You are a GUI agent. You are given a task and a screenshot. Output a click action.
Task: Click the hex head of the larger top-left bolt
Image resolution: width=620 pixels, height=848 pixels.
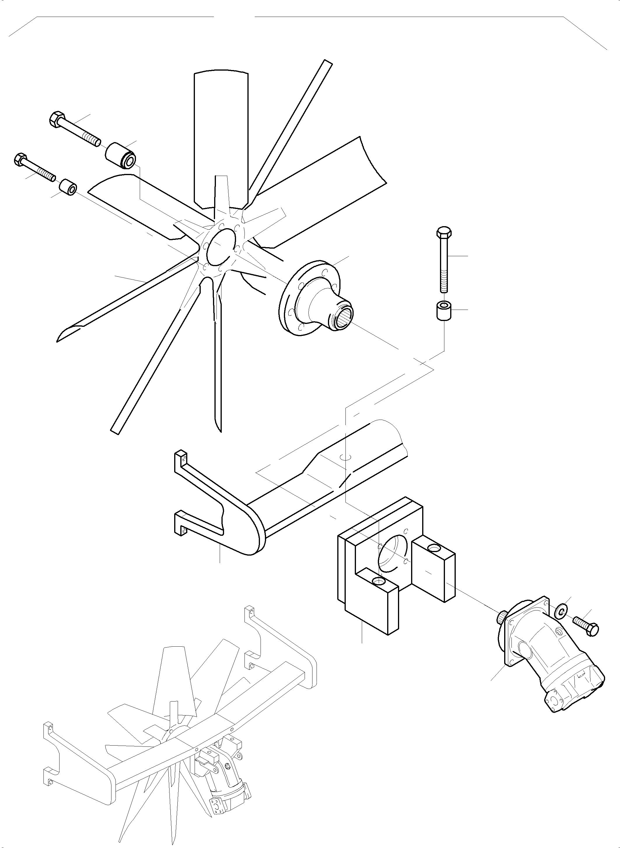point(56,119)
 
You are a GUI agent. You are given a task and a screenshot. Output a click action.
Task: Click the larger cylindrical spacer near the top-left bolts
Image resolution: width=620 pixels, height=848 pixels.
point(120,156)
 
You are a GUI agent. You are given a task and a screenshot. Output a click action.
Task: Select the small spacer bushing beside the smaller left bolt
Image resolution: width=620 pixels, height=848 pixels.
point(68,187)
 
